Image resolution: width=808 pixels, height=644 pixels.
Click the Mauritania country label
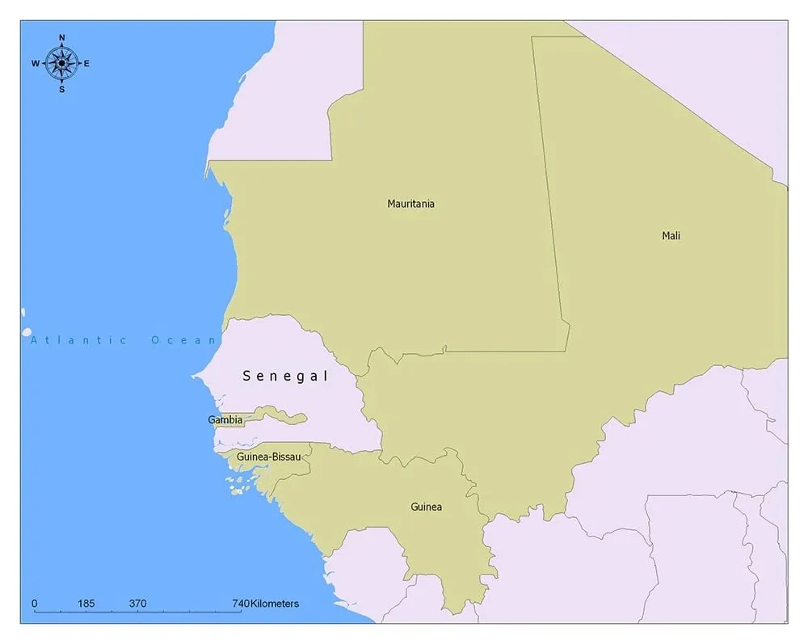(410, 204)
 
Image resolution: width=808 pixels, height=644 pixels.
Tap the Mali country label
(671, 236)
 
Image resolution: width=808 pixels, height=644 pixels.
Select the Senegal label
(285, 377)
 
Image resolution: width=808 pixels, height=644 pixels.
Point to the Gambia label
(225, 420)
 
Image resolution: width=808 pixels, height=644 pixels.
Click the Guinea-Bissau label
(268, 457)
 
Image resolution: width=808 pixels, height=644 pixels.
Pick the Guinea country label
(426, 507)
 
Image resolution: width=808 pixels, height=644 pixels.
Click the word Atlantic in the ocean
(78, 340)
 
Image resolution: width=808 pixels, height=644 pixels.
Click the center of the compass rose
(61, 63)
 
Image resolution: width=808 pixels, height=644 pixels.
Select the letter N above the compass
(61, 38)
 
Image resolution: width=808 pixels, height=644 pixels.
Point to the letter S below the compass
(61, 89)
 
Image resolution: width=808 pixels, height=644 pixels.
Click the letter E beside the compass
(86, 64)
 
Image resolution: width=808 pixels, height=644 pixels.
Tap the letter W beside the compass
(36, 64)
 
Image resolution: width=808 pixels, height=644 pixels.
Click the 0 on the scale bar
(34, 604)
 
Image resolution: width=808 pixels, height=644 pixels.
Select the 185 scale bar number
(86, 604)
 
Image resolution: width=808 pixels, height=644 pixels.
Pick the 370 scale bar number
(137, 604)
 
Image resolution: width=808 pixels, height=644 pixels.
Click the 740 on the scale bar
(241, 604)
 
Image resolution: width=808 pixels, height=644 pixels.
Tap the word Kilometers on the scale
(275, 604)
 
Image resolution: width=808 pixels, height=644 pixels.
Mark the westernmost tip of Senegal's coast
(194, 376)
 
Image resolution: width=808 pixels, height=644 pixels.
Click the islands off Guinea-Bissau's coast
(237, 486)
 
